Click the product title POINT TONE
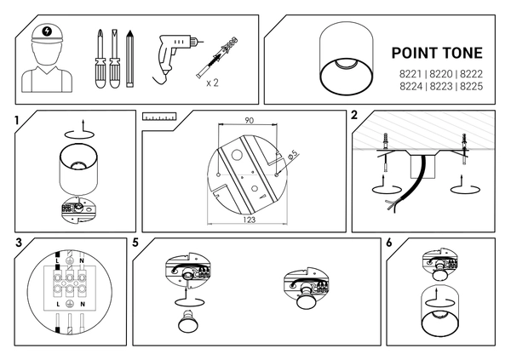pyautogui.click(x=437, y=53)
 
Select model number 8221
pyautogui.click(x=411, y=74)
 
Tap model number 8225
pyautogui.click(x=471, y=87)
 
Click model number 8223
pyautogui.click(x=441, y=87)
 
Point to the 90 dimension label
pyautogui.click(x=249, y=121)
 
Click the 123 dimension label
pyautogui.click(x=249, y=220)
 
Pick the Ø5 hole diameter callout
pyautogui.click(x=293, y=154)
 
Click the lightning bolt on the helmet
pyautogui.click(x=47, y=31)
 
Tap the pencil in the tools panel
pyautogui.click(x=130, y=59)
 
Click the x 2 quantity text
pyautogui.click(x=212, y=83)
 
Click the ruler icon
pyautogui.click(x=159, y=117)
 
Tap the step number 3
pyautogui.click(x=19, y=243)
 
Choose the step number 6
pyautogui.click(x=389, y=243)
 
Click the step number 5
pyautogui.click(x=135, y=243)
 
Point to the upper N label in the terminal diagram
pyautogui.click(x=82, y=261)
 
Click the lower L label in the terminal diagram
pyautogui.click(x=58, y=305)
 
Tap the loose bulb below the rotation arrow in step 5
pyautogui.click(x=186, y=321)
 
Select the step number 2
pyautogui.click(x=354, y=115)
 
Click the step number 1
pyautogui.click(x=17, y=121)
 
